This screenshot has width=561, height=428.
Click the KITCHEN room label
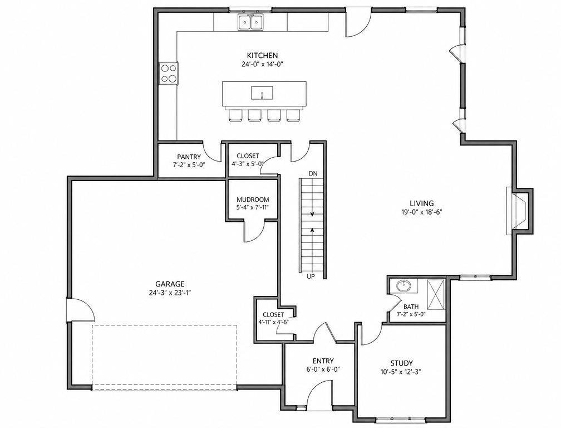[262, 56]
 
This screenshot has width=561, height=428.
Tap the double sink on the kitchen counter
[250, 22]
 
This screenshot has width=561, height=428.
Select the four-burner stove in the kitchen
[169, 74]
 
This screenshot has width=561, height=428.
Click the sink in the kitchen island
[262, 93]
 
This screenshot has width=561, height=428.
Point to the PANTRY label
[189, 157]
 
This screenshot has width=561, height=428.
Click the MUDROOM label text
[253, 200]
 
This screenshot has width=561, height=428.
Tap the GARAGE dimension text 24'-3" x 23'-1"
[170, 293]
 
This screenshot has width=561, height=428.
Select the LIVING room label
[422, 203]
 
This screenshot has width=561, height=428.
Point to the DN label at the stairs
[313, 173]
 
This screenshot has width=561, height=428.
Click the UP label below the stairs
[311, 276]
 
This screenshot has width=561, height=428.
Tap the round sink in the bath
[404, 286]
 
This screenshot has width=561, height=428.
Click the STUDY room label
[401, 363]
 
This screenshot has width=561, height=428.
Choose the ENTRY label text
[323, 361]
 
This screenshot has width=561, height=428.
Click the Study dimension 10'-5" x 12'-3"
[401, 372]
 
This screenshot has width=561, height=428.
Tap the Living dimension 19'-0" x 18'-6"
[422, 212]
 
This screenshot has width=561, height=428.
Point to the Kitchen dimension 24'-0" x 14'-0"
[263, 65]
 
